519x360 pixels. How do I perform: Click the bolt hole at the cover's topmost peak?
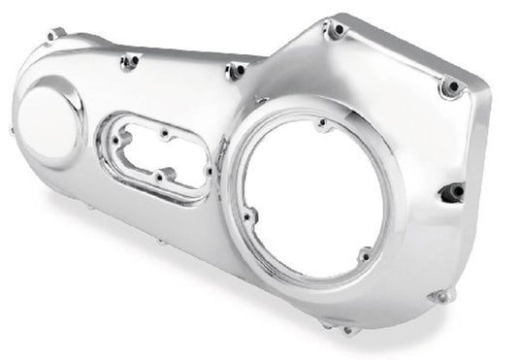[x=336, y=31]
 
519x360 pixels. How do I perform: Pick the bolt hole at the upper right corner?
[x=448, y=88]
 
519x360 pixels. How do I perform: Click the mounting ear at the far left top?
[x=50, y=36]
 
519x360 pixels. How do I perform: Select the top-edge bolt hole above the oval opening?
[x=128, y=63]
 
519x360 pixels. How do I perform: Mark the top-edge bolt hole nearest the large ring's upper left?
[x=233, y=72]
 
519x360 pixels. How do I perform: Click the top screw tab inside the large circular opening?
[x=321, y=124]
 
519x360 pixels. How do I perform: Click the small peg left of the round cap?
[x=12, y=129]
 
